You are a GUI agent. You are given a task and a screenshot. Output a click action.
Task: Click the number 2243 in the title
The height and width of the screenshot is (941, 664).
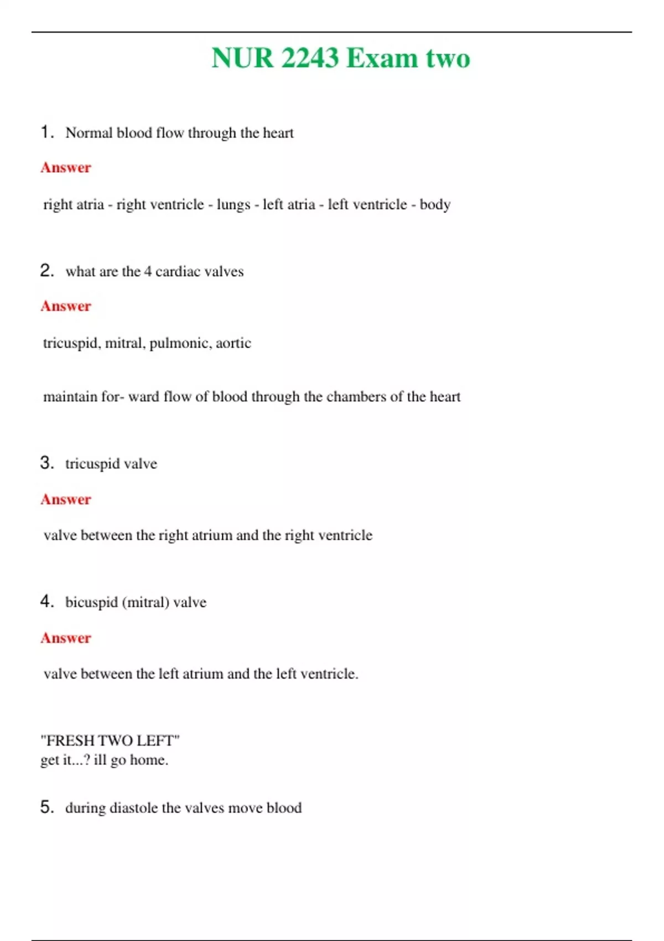(310, 59)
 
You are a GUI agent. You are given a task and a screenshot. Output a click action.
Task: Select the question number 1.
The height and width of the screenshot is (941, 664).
(46, 132)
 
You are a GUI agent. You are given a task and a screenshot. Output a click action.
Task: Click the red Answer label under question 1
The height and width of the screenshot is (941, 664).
(66, 168)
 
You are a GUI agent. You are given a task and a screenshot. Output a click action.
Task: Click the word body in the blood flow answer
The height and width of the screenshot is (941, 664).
(435, 205)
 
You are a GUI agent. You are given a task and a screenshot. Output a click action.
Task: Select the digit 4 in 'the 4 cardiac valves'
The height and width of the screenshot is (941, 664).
(148, 272)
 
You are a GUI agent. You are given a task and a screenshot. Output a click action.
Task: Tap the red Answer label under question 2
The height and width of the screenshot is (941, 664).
(66, 306)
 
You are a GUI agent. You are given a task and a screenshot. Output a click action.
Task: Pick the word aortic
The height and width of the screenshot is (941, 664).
(233, 343)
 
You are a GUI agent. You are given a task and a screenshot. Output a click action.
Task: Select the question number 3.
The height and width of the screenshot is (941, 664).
(46, 463)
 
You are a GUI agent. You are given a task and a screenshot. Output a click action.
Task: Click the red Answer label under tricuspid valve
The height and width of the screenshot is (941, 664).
(66, 499)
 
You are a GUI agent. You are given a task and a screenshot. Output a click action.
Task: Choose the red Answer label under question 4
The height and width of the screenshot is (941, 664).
(66, 638)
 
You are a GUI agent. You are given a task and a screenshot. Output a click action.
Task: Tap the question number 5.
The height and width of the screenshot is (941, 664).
(46, 807)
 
